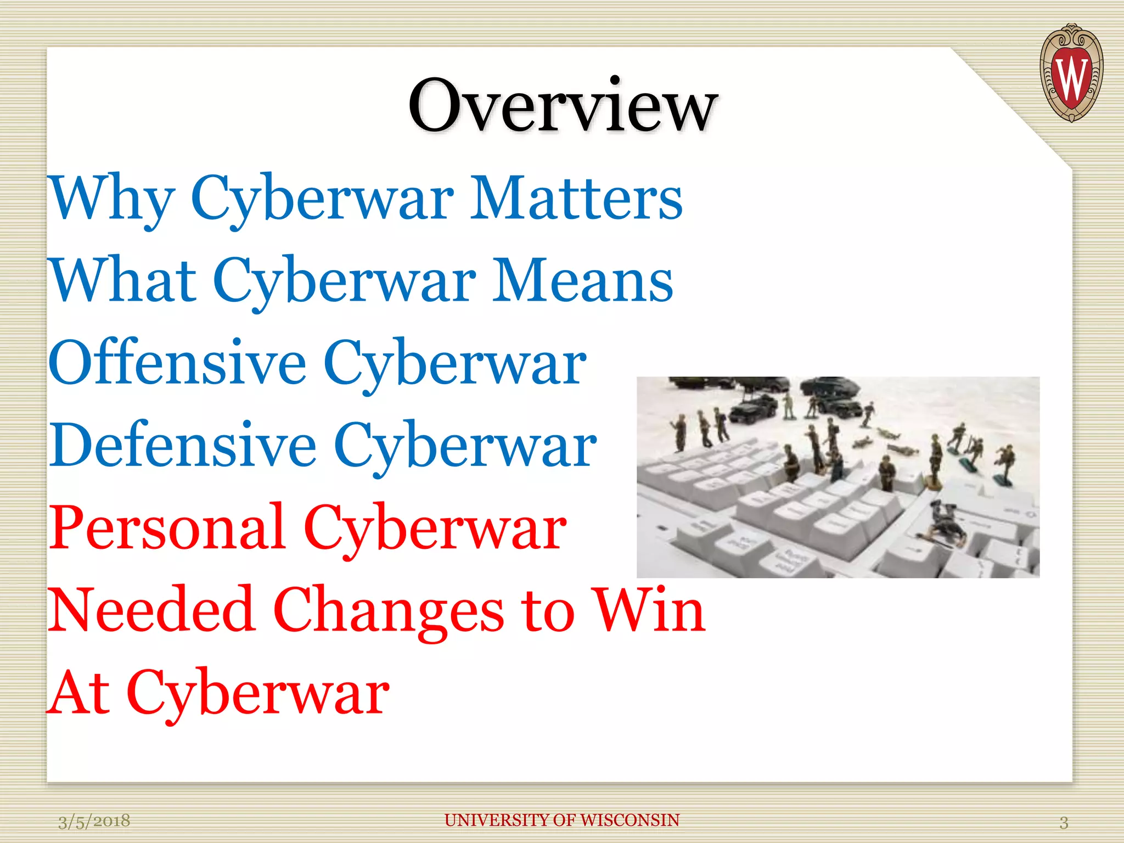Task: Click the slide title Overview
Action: point(563,105)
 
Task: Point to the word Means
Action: point(582,281)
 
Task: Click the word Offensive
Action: point(177,363)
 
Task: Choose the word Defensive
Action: point(183,446)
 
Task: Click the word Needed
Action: point(151,610)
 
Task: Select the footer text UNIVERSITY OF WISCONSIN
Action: point(562,820)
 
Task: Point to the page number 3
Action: point(1064,822)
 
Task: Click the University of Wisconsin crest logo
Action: point(1071,72)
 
